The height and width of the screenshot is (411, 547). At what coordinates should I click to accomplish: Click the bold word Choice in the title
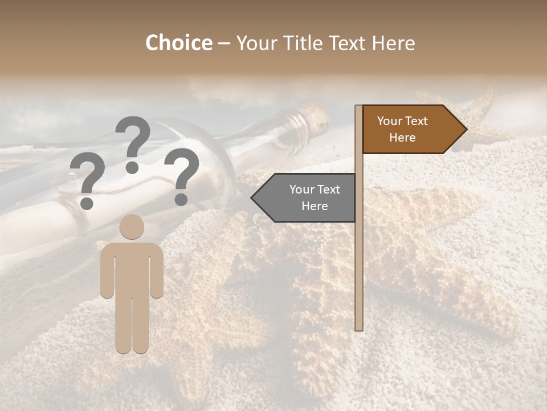pos(178,43)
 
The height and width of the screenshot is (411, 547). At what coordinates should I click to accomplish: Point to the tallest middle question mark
pos(132,143)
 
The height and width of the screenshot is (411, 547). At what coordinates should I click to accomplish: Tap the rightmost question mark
pos(182,176)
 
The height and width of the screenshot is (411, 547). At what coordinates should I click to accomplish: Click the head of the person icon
pos(132,227)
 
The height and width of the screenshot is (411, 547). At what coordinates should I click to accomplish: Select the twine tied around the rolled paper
pos(85,220)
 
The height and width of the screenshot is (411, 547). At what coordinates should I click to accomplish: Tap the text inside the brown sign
pos(402,130)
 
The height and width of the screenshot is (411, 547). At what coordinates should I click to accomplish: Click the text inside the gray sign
pos(314,198)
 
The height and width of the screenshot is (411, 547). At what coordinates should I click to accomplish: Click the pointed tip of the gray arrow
pos(253,198)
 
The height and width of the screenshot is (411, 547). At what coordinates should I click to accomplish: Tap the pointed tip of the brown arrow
pos(466,130)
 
